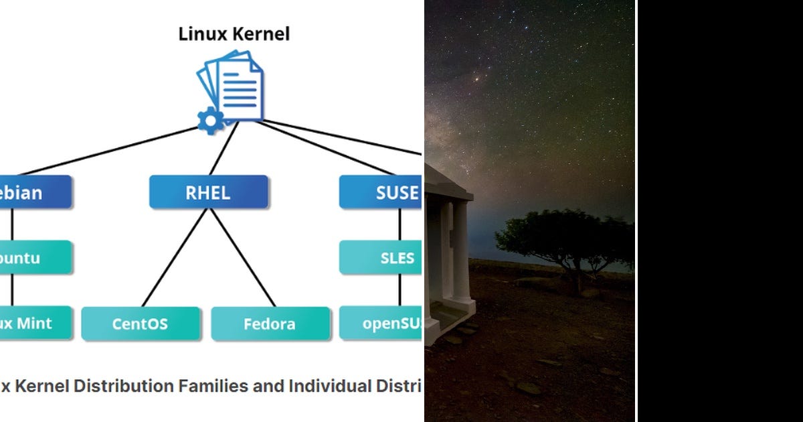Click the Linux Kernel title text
click(234, 33)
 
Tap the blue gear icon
click(210, 121)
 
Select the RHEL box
click(208, 193)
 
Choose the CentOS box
click(140, 324)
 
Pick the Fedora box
click(270, 324)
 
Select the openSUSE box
click(381, 324)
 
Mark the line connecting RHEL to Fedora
click(242, 258)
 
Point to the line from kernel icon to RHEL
click(224, 149)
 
